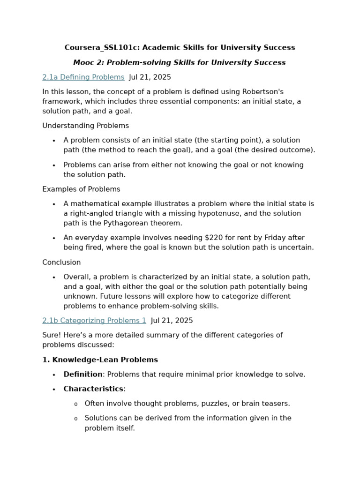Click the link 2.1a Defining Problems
[x=83, y=77]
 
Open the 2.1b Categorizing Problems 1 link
[x=94, y=321]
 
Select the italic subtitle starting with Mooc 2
[x=179, y=62]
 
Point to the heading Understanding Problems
[x=85, y=126]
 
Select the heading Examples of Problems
[x=81, y=189]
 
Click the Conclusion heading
[x=61, y=262]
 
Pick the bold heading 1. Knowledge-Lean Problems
[x=100, y=360]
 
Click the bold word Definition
[x=83, y=374]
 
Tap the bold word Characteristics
[x=93, y=389]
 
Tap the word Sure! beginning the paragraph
[x=52, y=335]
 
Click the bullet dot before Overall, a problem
[x=54, y=277]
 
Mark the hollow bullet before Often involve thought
[x=75, y=404]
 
